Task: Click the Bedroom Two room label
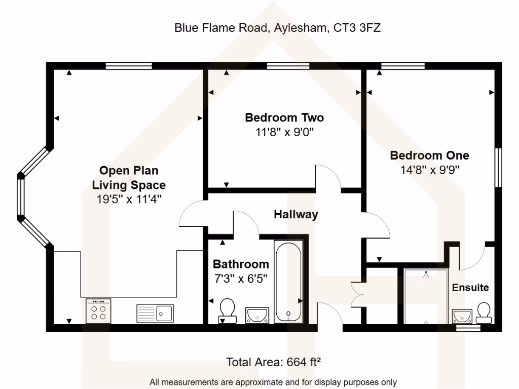coord(284,118)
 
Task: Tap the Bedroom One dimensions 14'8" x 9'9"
coord(430,170)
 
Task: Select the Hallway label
coord(296,214)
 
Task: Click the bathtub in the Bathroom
coord(288,282)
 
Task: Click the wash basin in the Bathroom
coord(257,315)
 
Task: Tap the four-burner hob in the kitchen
coord(99,310)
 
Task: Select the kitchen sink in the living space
coord(155,313)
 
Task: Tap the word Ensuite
coord(470,288)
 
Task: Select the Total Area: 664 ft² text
coord(274,362)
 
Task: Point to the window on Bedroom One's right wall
coord(499,167)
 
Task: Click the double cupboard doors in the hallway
coord(357,294)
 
